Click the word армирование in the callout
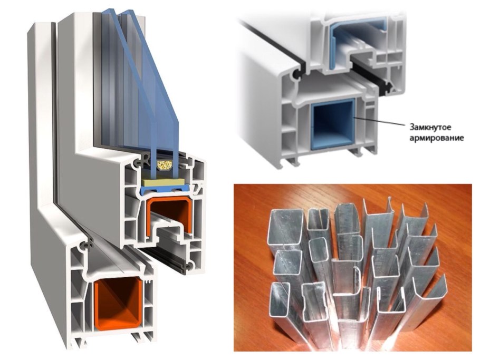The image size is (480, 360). point(437,138)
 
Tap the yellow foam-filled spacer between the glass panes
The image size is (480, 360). point(165,166)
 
